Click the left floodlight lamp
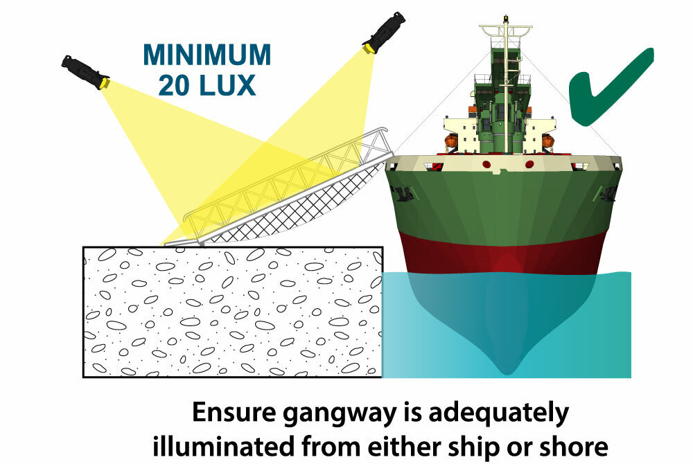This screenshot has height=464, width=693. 85,73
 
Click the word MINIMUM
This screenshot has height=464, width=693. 207,55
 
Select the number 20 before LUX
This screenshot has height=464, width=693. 175,85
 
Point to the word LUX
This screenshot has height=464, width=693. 227,85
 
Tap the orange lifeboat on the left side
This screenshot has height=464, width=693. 451,141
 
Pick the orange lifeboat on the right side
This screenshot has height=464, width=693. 547,141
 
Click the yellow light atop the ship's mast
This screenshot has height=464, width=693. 506,19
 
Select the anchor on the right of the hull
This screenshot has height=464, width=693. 608,193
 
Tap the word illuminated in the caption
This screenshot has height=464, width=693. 223,446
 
